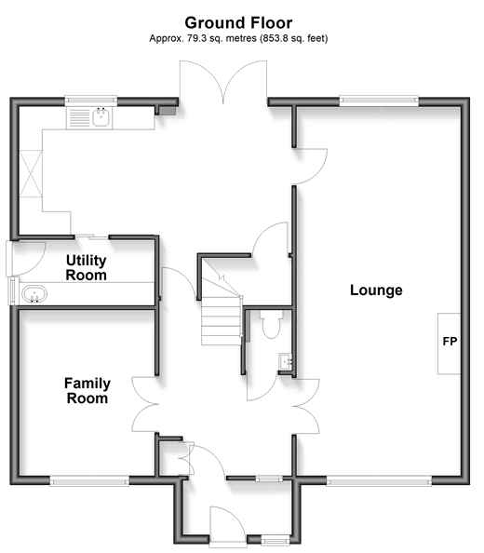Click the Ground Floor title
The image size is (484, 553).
[x=238, y=23]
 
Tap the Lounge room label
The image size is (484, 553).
[x=376, y=290]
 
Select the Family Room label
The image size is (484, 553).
[x=87, y=390]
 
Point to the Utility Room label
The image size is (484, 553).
[x=86, y=268]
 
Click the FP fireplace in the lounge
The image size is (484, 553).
[x=450, y=344]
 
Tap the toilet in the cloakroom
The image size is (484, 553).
[x=271, y=324]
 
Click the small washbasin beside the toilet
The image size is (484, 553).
[x=285, y=361]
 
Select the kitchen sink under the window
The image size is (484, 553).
[x=101, y=117]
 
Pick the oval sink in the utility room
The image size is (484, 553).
[x=34, y=294]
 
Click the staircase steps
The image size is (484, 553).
[x=222, y=321]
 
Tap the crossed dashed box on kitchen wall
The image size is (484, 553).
[x=31, y=174]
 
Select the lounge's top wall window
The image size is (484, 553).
[x=379, y=101]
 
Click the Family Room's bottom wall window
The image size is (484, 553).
[x=89, y=480]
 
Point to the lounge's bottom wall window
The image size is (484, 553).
[x=379, y=480]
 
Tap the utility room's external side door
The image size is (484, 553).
[x=25, y=259]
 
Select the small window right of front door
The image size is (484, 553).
[x=276, y=539]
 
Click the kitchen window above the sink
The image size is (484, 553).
[x=91, y=101]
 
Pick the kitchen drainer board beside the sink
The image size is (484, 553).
[x=79, y=118]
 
